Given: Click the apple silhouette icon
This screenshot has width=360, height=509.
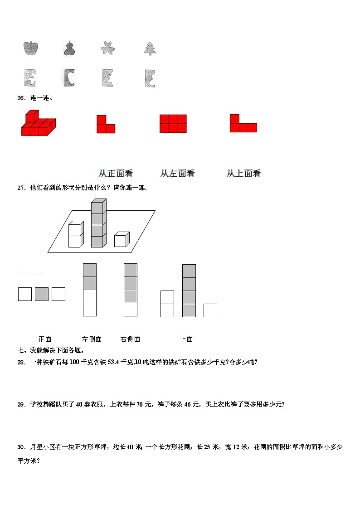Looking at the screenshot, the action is [31, 48].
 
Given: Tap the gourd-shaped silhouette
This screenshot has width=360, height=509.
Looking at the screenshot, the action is [69, 48].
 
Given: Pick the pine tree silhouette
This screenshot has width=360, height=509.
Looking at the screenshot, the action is [150, 48].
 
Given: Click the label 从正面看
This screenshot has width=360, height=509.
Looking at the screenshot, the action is [116, 173].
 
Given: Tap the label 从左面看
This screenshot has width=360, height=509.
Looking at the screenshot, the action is [177, 173].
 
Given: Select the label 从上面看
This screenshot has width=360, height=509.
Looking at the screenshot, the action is [243, 173].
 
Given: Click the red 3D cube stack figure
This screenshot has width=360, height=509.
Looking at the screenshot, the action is [38, 123].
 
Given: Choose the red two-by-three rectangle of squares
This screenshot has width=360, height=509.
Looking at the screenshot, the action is [173, 123].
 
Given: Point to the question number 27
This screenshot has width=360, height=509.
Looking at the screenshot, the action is [21, 188].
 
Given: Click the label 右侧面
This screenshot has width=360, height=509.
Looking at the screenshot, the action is [130, 339].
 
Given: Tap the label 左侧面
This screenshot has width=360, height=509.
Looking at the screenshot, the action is [92, 339].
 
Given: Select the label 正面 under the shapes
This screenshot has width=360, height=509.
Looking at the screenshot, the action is [45, 339].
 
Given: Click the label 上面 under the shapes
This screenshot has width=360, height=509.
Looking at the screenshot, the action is [186, 339].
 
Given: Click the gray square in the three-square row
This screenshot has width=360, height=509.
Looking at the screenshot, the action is [42, 294].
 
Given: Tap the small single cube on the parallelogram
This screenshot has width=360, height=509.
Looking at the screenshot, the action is [121, 239].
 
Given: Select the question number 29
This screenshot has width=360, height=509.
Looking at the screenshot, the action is [21, 404].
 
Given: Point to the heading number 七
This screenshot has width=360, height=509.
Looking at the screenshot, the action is [20, 350].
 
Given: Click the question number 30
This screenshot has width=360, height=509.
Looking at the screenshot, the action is [21, 447].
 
